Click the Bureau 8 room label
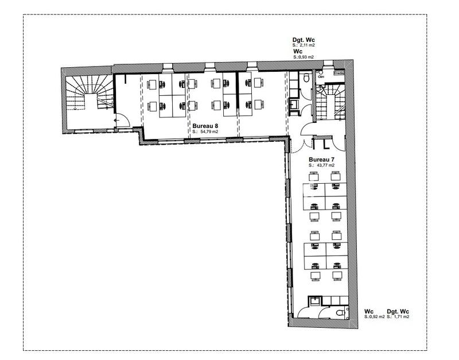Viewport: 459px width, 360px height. [x=205, y=125]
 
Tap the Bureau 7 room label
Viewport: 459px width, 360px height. [x=322, y=159]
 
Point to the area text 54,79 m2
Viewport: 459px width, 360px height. [x=209, y=131]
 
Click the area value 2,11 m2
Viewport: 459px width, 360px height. [x=306, y=45]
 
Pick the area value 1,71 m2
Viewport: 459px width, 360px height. [x=400, y=316]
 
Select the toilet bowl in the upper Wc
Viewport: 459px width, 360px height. [x=307, y=77]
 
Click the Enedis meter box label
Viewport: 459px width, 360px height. [x=339, y=73]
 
